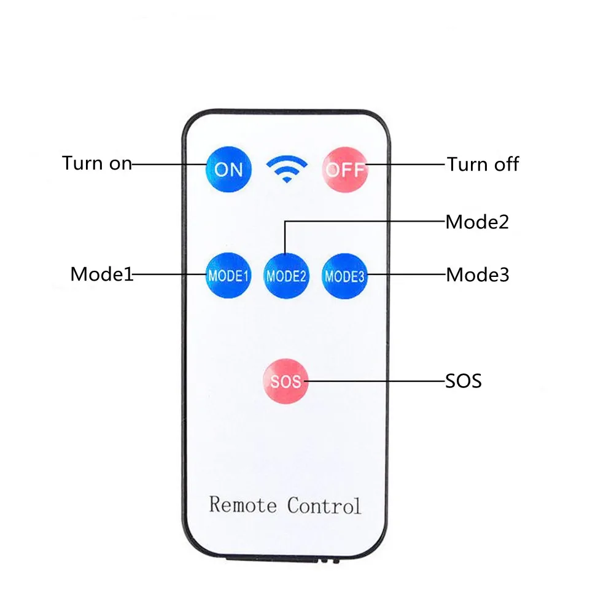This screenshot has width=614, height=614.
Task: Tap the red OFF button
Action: click(x=344, y=169)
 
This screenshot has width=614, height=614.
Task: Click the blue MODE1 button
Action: click(x=228, y=276)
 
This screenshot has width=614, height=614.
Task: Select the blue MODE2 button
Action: click(x=286, y=276)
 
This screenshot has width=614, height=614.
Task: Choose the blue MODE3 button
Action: click(x=344, y=276)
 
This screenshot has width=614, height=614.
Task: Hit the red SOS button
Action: click(x=286, y=381)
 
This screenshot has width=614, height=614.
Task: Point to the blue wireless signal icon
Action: click(x=286, y=168)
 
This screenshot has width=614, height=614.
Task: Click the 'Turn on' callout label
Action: click(x=96, y=164)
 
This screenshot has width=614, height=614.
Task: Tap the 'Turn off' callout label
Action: click(x=483, y=164)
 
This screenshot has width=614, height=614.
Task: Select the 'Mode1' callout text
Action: click(x=101, y=274)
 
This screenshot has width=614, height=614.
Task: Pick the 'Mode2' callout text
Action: click(x=477, y=221)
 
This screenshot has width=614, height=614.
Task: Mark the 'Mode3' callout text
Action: click(x=477, y=274)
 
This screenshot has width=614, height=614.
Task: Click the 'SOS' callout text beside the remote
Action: click(x=464, y=381)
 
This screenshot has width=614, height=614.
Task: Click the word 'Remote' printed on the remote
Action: click(x=243, y=505)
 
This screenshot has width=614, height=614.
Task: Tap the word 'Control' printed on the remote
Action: click(x=324, y=505)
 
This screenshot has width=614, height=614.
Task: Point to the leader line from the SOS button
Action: click(x=375, y=381)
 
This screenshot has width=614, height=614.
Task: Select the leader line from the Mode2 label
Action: click(x=368, y=222)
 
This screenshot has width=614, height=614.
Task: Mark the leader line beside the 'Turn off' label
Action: click(x=405, y=165)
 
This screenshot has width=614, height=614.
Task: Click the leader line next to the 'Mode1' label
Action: click(x=169, y=274)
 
